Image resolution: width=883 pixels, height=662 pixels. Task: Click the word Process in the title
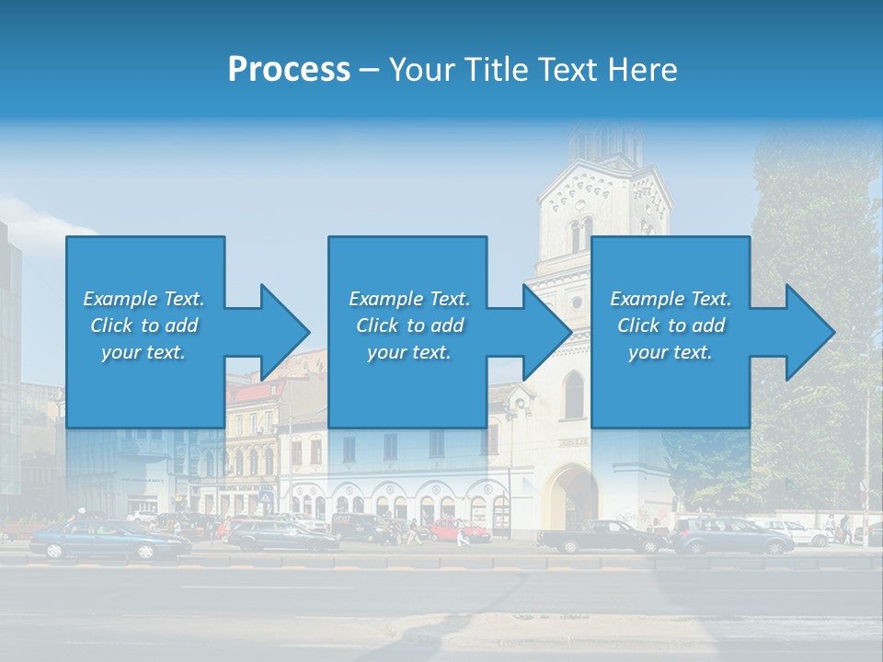(x=289, y=70)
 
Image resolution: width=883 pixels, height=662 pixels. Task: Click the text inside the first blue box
(x=144, y=325)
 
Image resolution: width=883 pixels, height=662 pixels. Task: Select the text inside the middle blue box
(x=408, y=325)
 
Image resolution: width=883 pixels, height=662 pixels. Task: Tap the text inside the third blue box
(x=671, y=325)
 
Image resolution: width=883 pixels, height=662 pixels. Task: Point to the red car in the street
(x=460, y=531)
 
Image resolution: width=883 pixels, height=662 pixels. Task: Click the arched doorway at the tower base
(x=572, y=496)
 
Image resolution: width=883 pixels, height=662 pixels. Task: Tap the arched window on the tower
(x=574, y=395)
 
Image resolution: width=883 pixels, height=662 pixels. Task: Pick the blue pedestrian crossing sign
(x=267, y=497)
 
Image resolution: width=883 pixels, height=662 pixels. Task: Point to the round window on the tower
(x=577, y=302)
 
